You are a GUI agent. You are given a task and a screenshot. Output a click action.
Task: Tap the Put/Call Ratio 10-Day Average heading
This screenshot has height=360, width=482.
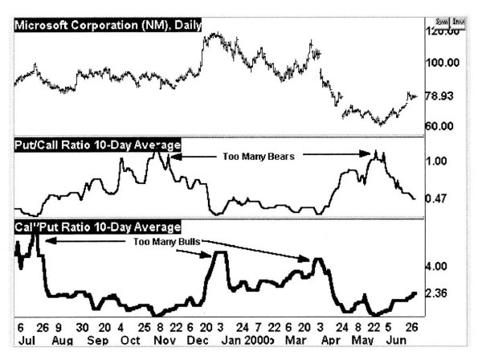97,145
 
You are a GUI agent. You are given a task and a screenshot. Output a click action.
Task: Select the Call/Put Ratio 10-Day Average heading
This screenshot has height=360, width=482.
97,226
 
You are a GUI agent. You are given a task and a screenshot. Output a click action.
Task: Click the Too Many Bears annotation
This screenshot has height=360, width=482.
259,157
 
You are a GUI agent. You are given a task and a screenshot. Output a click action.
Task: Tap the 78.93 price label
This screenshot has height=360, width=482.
439,96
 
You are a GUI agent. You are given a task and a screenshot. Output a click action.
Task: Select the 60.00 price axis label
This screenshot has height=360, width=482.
439,126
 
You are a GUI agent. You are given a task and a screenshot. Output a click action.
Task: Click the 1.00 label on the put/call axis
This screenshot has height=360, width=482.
435,161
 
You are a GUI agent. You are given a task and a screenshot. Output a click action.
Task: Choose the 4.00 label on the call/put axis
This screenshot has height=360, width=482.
435,266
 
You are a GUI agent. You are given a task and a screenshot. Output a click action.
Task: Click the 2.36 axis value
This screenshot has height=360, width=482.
435,293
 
